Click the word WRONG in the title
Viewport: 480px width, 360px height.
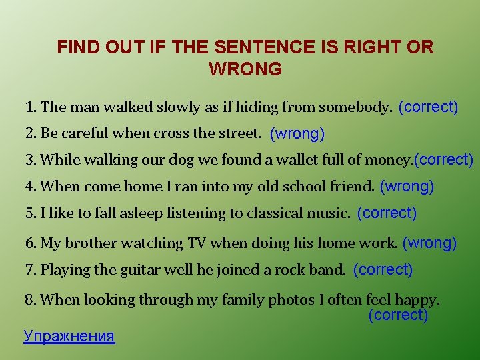click(245, 69)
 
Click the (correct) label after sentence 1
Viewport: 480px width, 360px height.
click(428, 107)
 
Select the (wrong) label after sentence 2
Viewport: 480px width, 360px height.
click(297, 133)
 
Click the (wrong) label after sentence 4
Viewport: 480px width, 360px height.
click(407, 187)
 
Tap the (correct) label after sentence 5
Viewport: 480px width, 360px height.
click(387, 213)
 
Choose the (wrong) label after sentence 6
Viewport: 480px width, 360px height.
click(429, 243)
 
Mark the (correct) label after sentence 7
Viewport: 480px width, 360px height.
click(383, 270)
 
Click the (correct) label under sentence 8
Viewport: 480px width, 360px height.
click(398, 315)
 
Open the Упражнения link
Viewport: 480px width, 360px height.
click(69, 336)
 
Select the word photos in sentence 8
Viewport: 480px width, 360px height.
click(291, 300)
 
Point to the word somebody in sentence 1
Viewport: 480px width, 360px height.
click(355, 107)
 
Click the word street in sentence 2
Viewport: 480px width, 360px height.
click(238, 133)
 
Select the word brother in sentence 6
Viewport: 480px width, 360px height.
click(89, 243)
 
